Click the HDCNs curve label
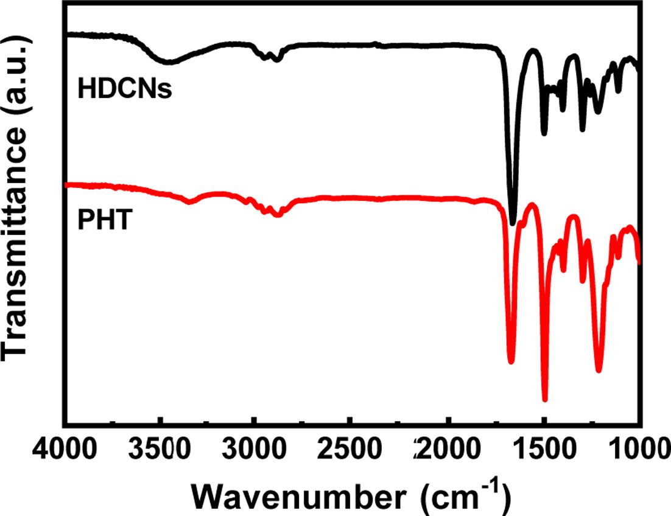(x=125, y=90)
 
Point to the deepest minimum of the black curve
(x=513, y=223)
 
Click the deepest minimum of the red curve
(x=544, y=399)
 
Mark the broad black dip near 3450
(x=168, y=61)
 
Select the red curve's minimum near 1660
(x=511, y=361)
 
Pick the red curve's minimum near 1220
(x=599, y=369)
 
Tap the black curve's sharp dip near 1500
(x=544, y=133)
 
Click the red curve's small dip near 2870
(x=278, y=214)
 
